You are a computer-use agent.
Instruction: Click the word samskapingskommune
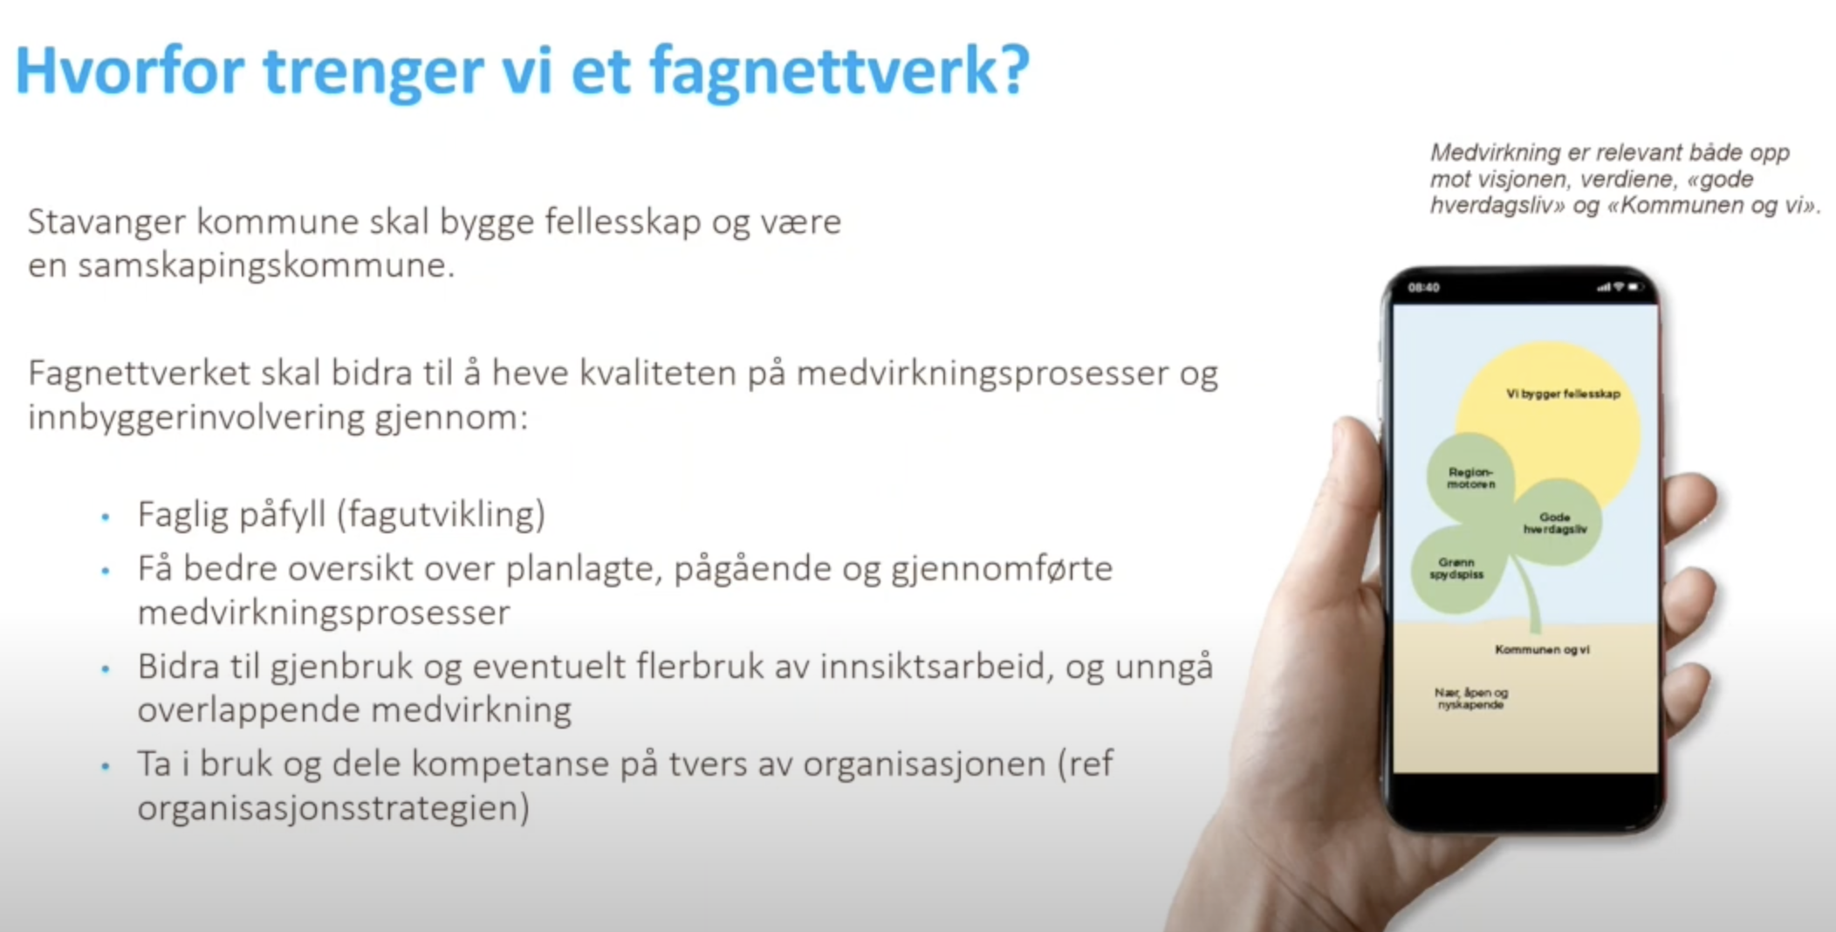266,265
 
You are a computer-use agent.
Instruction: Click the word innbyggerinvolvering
196,417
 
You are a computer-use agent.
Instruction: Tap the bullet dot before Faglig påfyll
106,517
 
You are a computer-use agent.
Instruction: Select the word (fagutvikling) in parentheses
441,514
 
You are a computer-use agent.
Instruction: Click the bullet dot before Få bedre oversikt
106,572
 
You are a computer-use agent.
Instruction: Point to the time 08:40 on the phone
1423,287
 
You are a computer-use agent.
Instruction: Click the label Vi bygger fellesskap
1562,394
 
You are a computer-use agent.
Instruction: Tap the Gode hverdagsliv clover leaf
1555,523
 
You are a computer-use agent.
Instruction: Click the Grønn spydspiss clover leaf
1456,568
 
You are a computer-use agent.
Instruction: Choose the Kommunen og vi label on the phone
1542,649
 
